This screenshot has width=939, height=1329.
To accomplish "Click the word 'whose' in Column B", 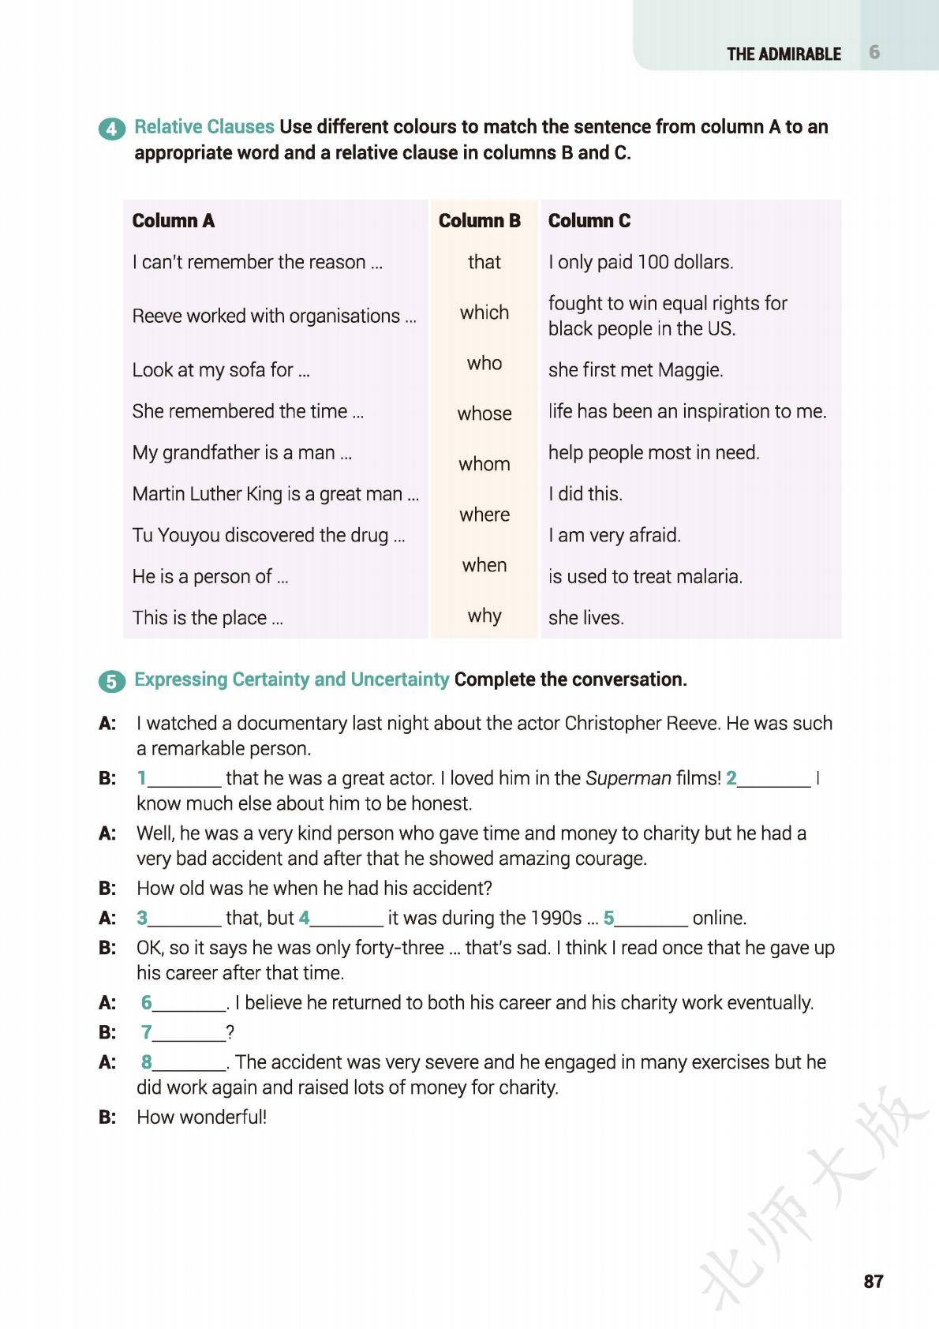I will (484, 414).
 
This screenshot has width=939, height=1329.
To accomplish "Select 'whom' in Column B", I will (484, 464).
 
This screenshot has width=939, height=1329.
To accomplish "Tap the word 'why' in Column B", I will (484, 616).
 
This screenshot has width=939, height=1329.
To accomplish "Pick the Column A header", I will (174, 221).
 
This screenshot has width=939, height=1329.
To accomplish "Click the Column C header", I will (589, 221).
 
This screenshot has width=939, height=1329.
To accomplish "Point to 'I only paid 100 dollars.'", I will (641, 262).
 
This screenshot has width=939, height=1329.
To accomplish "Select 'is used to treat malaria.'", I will (645, 577).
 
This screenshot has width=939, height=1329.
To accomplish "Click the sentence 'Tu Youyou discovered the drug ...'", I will (268, 536).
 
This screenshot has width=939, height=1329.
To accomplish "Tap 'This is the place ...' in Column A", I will (208, 618).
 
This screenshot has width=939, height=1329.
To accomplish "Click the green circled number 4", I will (111, 129).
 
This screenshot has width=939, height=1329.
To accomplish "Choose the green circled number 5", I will (111, 681).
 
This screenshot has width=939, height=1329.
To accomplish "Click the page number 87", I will (874, 1282).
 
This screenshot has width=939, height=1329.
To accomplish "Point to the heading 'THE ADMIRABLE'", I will (784, 54).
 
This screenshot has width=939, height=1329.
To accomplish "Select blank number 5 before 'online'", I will (650, 919).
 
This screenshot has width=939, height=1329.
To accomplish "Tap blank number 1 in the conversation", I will (183, 779).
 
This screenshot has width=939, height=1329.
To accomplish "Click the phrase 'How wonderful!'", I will (201, 1117).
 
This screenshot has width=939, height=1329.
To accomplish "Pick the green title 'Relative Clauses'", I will (204, 127).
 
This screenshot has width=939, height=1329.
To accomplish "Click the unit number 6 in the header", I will (874, 53).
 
